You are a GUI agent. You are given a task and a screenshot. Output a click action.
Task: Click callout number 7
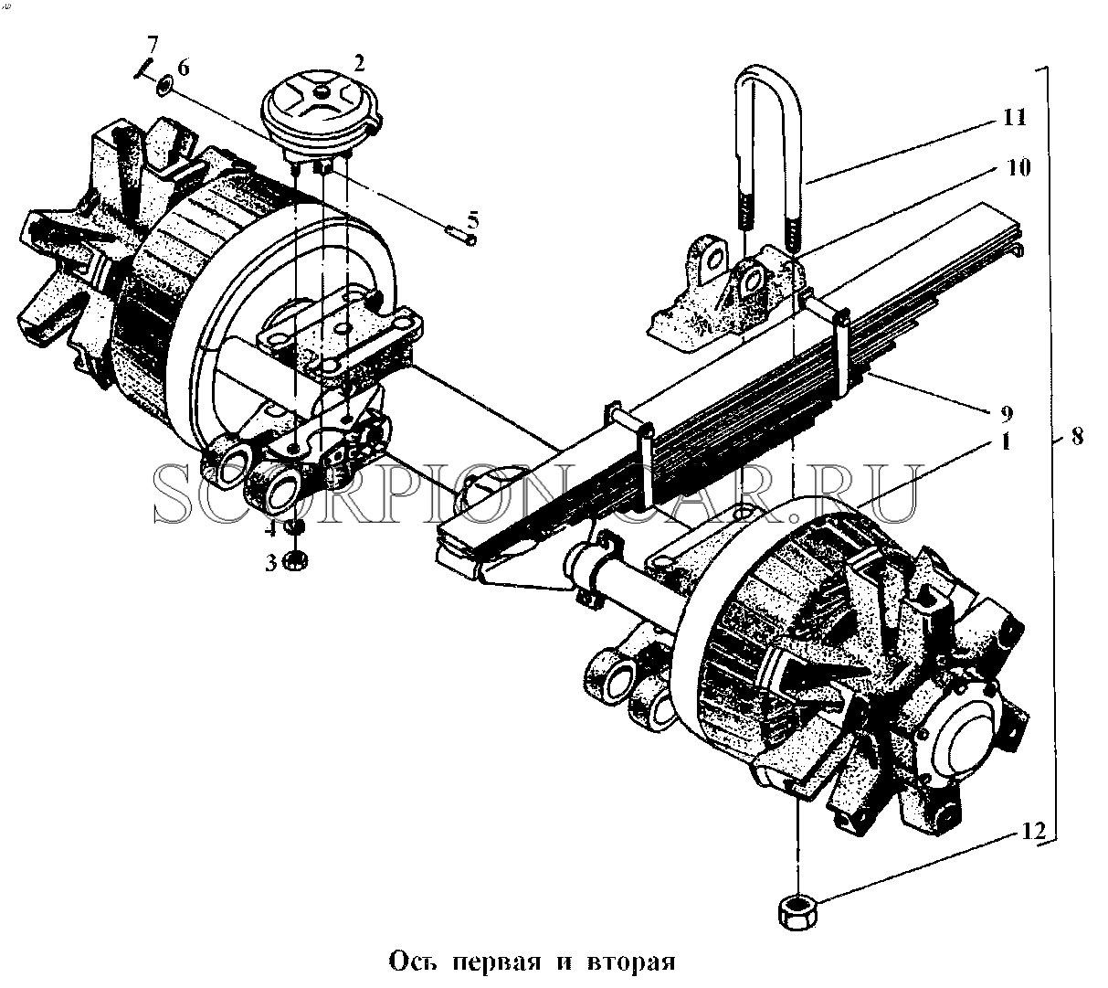point(152,43)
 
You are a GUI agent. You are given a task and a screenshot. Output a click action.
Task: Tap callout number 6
point(184,68)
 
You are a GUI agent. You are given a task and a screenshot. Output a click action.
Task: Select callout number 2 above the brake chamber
point(359,64)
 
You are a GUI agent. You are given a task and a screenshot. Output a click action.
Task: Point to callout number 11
point(1015,118)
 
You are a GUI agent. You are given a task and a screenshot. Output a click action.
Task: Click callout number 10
point(1018,167)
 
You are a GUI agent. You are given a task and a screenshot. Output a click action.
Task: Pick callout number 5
point(472,220)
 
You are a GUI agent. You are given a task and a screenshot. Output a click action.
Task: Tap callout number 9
point(1007,414)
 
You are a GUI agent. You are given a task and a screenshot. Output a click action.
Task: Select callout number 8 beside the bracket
point(1077,437)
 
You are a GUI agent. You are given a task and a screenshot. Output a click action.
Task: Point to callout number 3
point(271,564)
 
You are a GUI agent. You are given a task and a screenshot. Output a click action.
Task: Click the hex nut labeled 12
point(797,912)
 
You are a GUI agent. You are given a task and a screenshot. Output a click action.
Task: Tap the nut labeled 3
point(296,561)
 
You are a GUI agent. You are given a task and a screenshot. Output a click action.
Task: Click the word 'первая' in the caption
point(497,961)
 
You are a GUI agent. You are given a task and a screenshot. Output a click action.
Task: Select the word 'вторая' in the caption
point(633,961)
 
